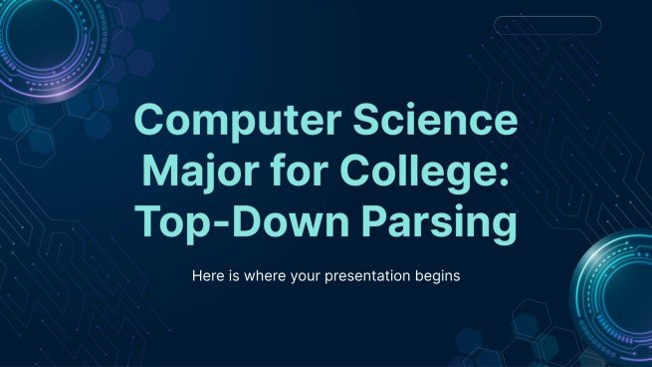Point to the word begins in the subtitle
coord(438,276)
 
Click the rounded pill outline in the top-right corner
coord(547,25)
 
